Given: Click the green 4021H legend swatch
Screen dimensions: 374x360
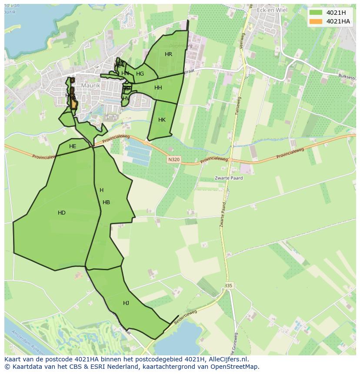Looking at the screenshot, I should pyautogui.click(x=316, y=13).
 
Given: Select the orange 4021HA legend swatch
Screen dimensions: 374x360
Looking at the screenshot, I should pyautogui.click(x=316, y=21).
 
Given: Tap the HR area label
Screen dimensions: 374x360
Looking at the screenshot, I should pyautogui.click(x=168, y=54).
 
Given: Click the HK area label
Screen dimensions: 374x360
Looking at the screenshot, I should pyautogui.click(x=162, y=120).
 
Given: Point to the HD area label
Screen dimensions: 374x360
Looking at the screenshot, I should pyautogui.click(x=62, y=213).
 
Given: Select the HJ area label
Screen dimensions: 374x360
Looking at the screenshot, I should pyautogui.click(x=126, y=303).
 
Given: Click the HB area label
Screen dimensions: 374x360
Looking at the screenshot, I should pyautogui.click(x=106, y=202).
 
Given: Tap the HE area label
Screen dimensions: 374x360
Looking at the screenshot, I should pyautogui.click(x=73, y=146).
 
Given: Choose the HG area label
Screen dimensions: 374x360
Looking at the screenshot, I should pyautogui.click(x=140, y=74).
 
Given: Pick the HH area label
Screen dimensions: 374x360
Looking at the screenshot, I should pyautogui.click(x=158, y=88).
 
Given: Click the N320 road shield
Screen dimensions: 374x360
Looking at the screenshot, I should pyautogui.click(x=173, y=160).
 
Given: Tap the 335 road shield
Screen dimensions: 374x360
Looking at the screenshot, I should pyautogui.click(x=229, y=285).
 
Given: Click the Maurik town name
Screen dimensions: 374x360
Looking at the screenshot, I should pyautogui.click(x=90, y=86).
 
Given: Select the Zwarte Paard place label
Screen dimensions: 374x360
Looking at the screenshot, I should pyautogui.click(x=228, y=178).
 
